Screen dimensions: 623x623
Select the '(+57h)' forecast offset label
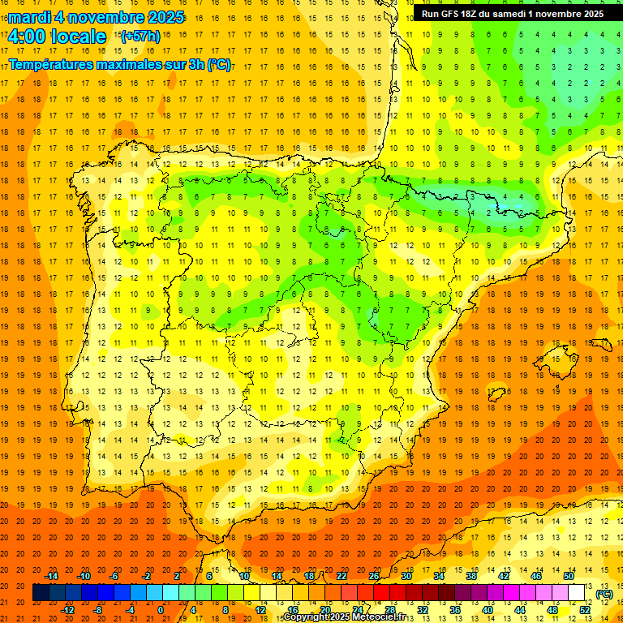click(x=140, y=37)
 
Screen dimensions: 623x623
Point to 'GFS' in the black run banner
click(x=453, y=14)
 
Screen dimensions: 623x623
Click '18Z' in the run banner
click(x=475, y=14)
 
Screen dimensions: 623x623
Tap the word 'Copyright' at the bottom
click(x=306, y=617)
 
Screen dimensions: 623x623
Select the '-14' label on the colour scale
click(x=51, y=576)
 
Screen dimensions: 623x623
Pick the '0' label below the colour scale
click(x=161, y=609)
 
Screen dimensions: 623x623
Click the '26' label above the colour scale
click(x=374, y=576)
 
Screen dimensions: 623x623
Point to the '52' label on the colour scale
click(x=584, y=609)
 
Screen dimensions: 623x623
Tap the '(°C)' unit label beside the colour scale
click(x=604, y=593)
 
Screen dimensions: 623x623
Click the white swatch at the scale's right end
click(x=576, y=593)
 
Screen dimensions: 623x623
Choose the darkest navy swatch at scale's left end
click(x=41, y=593)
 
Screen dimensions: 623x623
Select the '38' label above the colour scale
click(x=470, y=576)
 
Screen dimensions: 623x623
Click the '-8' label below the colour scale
click(x=97, y=609)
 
